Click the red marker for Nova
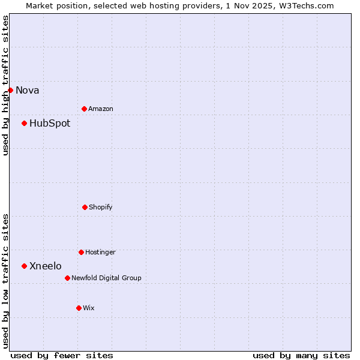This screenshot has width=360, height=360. click(10, 90)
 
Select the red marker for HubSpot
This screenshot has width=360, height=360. click(24, 123)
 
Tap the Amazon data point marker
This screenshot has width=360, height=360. click(84, 109)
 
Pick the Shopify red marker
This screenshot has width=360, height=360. click(85, 207)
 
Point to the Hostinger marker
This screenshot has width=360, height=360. click(81, 252)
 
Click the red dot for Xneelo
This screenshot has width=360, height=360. click(24, 266)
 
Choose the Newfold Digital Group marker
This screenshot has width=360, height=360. click(67, 278)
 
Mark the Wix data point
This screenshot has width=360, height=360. click(79, 308)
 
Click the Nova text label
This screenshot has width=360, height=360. click(28, 91)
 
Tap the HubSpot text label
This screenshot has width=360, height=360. click(50, 124)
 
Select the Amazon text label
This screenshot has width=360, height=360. click(101, 109)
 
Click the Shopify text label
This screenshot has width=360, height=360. click(101, 208)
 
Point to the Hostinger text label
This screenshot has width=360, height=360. click(100, 253)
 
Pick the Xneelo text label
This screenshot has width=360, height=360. click(46, 266)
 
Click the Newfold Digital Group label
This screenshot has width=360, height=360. click(107, 278)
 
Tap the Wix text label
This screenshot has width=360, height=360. click(89, 308)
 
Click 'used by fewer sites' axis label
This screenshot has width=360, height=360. click(62, 355)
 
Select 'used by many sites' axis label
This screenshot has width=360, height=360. click(301, 355)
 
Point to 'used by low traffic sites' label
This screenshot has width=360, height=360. click(6, 281)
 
